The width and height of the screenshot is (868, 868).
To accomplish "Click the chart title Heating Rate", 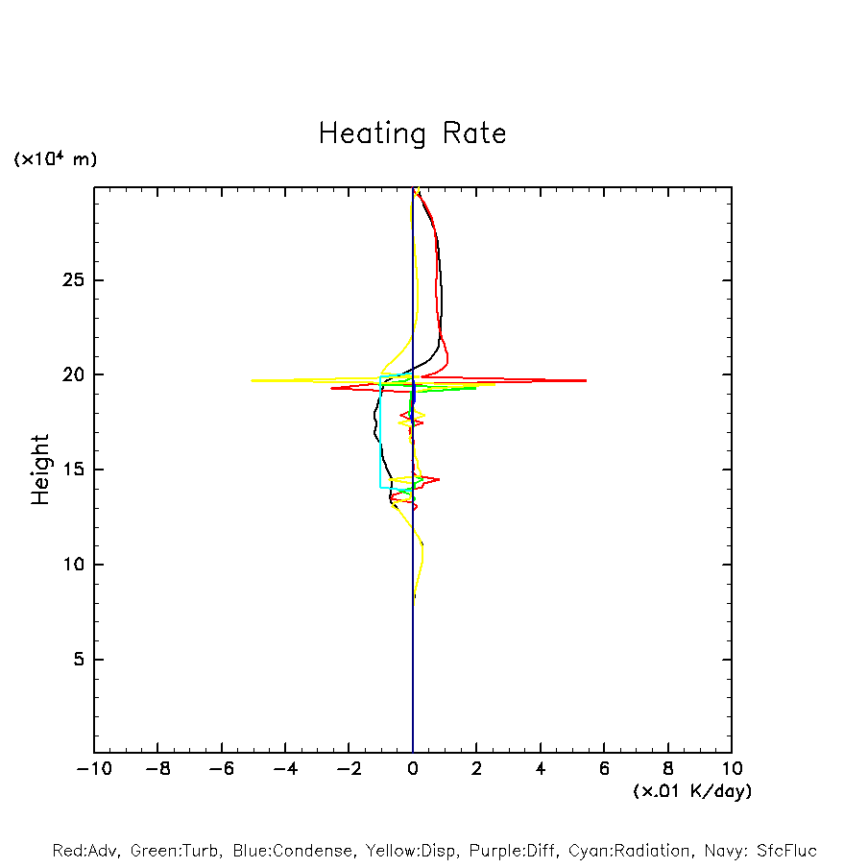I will (412, 133).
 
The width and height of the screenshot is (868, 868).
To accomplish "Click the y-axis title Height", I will (40, 470).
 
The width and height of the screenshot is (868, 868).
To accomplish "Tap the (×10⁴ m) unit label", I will (55, 159).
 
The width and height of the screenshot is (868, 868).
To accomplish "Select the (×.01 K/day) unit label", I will (691, 791).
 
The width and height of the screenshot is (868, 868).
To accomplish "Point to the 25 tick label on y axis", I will (74, 280).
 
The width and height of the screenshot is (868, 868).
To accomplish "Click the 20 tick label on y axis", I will (74, 374).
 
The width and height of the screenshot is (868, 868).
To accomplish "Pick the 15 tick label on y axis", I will (74, 470).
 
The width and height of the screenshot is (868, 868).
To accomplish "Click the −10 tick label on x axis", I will (93, 768).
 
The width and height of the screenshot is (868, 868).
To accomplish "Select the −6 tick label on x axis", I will (221, 768).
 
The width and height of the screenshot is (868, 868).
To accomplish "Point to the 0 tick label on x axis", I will (413, 768).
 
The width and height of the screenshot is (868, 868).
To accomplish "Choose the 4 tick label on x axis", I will (541, 768).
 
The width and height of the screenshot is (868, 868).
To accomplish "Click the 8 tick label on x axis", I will (668, 768).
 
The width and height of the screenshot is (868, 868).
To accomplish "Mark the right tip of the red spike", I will (586, 381).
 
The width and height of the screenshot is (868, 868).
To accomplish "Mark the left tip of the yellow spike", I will (252, 381).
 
